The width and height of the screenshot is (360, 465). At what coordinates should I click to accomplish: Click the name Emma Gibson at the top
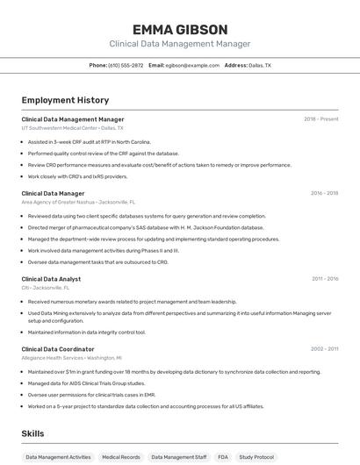(179, 29)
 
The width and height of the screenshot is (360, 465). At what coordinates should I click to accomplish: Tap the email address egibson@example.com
(192, 65)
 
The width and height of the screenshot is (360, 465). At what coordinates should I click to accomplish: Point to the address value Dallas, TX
(260, 65)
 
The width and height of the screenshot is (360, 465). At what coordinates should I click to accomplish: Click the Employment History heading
(65, 100)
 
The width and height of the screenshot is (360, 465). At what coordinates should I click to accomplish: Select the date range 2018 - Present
(320, 118)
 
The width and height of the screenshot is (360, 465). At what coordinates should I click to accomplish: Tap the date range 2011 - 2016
(324, 279)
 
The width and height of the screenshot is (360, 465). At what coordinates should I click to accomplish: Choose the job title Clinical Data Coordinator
(58, 349)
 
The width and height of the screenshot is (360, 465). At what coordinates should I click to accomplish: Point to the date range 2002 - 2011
(324, 349)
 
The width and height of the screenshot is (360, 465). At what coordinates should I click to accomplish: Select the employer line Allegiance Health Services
(71, 358)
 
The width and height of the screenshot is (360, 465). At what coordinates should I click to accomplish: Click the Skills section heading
(32, 433)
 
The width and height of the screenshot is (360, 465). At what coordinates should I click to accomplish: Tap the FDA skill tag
(223, 456)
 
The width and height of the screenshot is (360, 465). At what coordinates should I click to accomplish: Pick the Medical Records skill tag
(120, 456)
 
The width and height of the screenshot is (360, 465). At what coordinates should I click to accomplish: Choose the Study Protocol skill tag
(256, 456)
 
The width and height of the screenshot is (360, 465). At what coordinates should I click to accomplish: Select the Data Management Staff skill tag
(178, 456)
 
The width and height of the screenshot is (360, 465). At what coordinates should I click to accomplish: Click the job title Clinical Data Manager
(53, 193)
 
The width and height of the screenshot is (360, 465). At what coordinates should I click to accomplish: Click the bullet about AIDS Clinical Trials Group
(86, 383)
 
